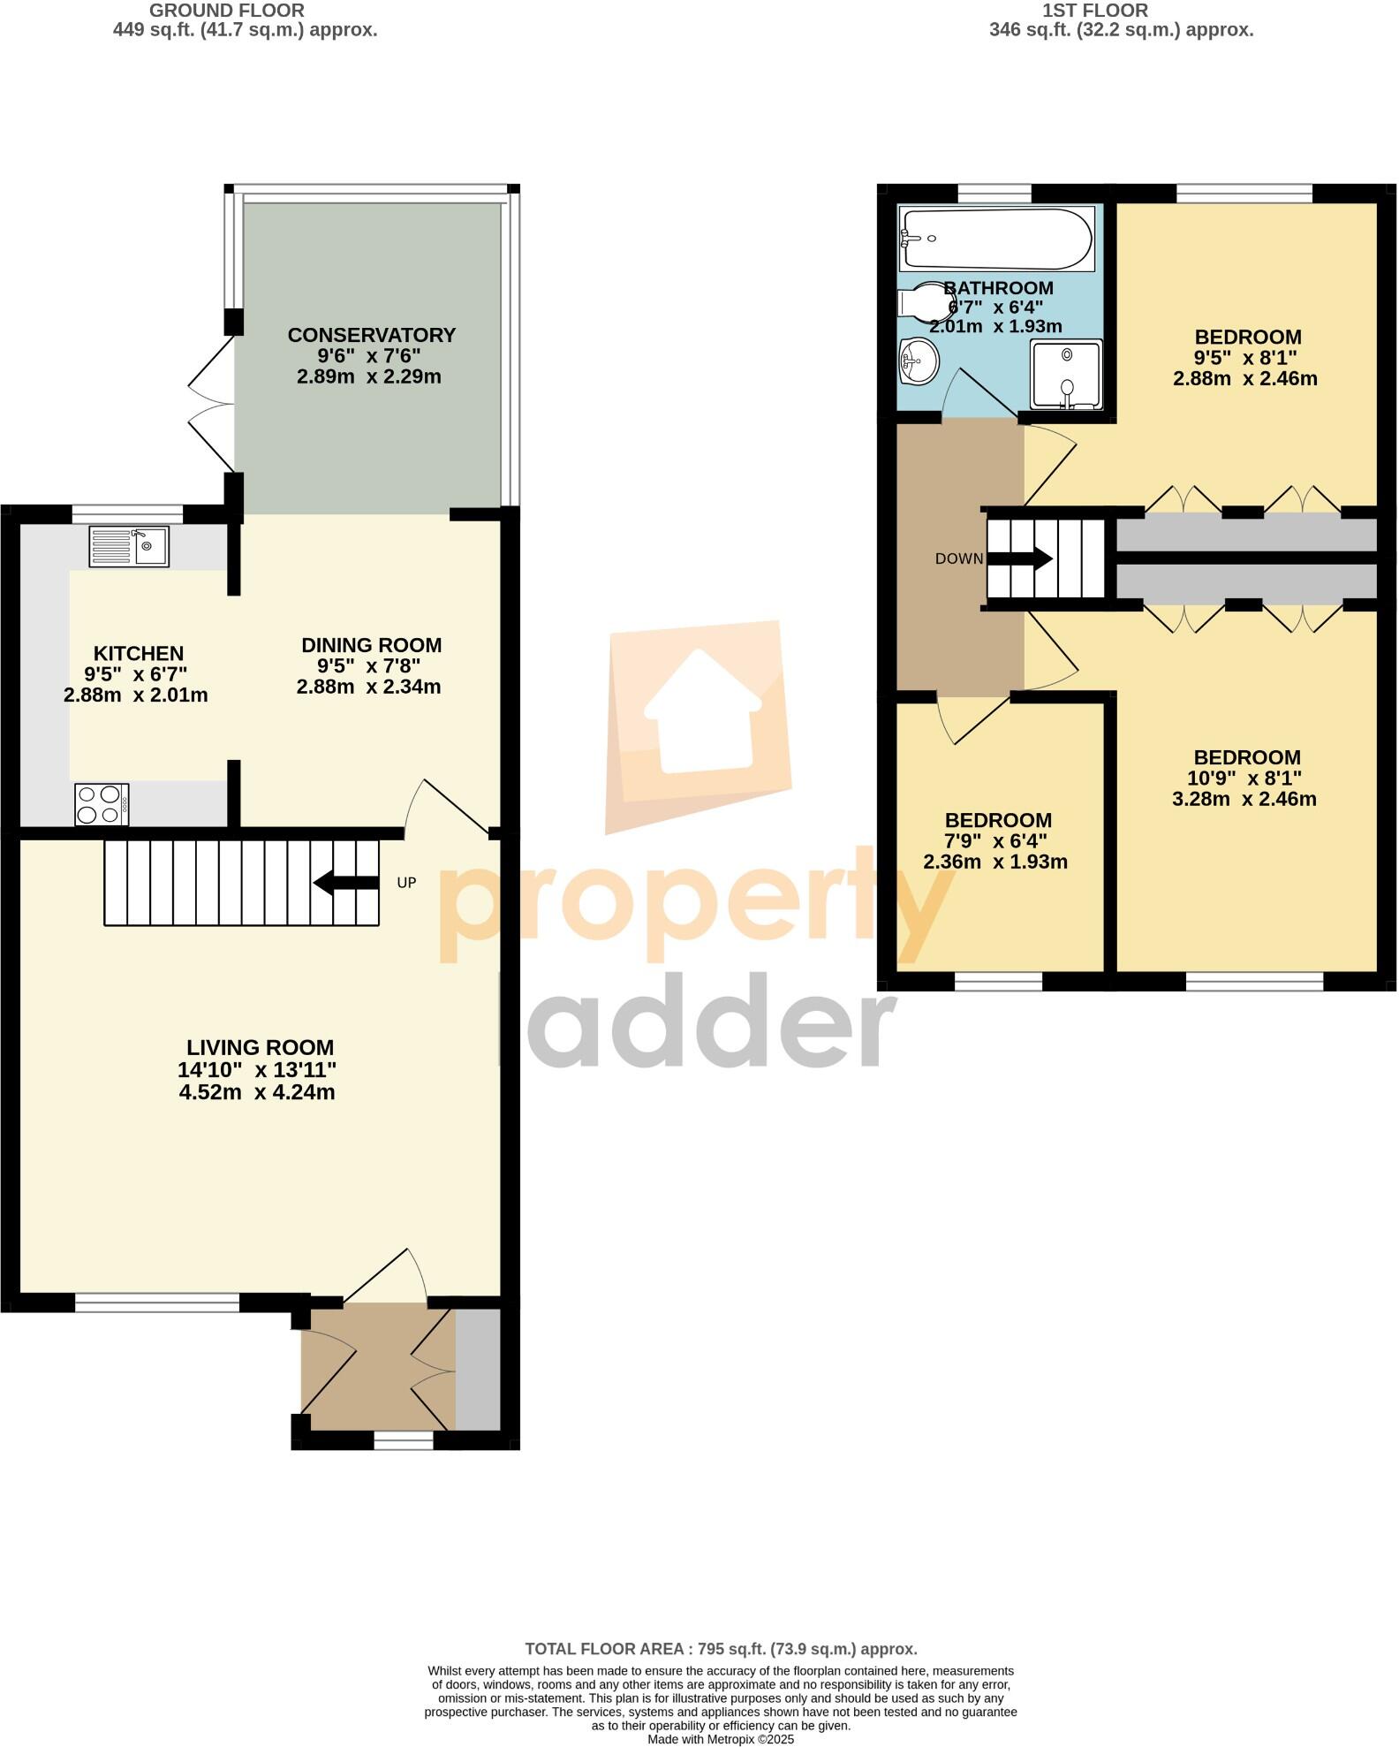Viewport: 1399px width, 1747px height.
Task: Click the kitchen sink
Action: [x=128, y=546]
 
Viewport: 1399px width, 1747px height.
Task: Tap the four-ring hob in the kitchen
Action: [x=102, y=804]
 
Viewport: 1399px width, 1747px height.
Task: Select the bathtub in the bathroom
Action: [x=995, y=238]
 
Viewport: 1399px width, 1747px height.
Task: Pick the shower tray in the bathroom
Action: [x=1066, y=375]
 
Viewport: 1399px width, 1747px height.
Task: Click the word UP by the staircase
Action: [x=406, y=883]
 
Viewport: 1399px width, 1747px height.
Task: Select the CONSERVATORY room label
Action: [x=371, y=336]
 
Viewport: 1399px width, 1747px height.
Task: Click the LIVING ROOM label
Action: [x=260, y=1047]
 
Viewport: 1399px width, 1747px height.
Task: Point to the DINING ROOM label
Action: [x=371, y=645]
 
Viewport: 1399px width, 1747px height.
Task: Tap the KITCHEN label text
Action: [x=139, y=654]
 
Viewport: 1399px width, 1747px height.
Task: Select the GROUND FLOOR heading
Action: [x=227, y=11]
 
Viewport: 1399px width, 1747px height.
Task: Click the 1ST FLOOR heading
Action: [x=1095, y=11]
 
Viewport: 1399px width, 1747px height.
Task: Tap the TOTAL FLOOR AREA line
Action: [x=721, y=1649]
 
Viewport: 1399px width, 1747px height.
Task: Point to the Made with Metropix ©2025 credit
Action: [x=721, y=1739]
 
